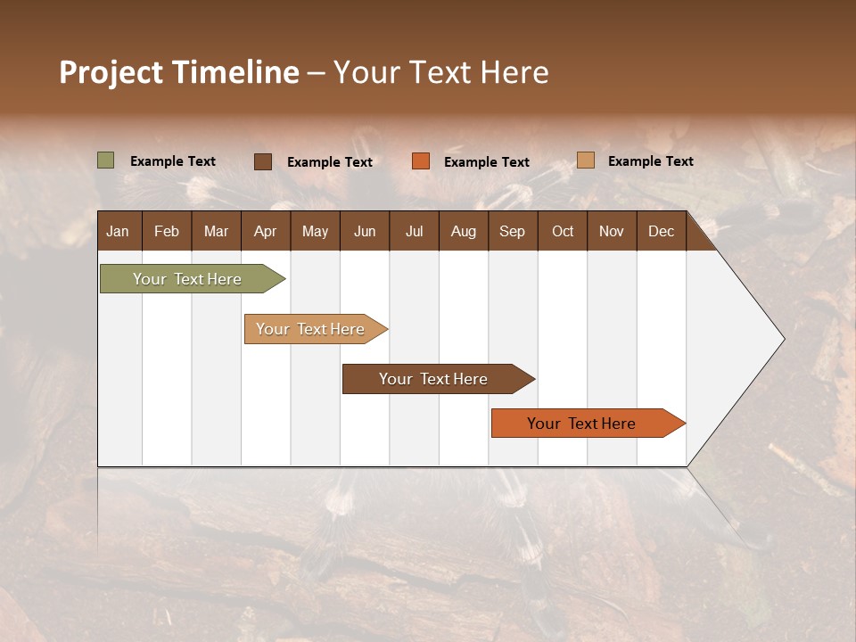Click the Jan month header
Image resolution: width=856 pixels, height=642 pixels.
point(118,231)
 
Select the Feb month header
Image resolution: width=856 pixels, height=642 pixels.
point(167,231)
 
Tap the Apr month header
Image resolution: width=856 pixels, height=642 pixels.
point(265,231)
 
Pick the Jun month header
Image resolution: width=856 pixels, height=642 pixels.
point(365,231)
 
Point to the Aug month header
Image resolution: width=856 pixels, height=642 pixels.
point(463,231)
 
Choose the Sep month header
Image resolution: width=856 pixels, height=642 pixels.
point(512,231)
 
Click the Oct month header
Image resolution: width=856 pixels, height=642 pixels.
point(563,231)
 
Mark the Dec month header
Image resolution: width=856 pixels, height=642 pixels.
point(661,231)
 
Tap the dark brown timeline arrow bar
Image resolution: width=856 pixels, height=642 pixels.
point(434,379)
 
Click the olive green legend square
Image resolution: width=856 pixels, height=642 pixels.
point(106,160)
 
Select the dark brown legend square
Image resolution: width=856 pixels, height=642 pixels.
point(263,161)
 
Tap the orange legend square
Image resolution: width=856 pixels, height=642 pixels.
point(421,161)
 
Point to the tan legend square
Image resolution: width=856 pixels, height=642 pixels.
point(586,160)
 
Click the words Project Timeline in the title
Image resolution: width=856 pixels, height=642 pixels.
point(179,72)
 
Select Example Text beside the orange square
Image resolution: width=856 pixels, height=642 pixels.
point(486,162)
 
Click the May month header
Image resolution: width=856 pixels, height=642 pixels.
point(315,231)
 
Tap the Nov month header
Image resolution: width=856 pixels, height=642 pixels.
point(611,231)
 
